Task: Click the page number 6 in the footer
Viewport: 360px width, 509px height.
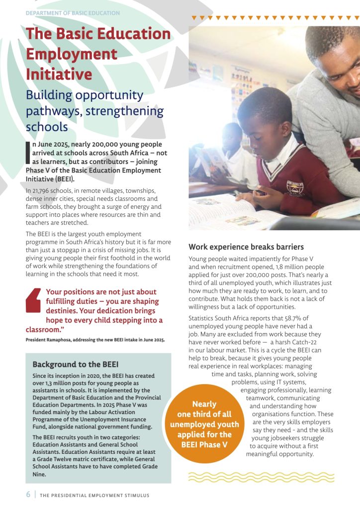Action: tap(28, 495)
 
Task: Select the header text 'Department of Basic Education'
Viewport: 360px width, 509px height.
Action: tap(73, 13)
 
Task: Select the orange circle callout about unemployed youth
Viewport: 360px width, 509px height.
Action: tap(204, 424)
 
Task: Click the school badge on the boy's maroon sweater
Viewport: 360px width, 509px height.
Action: tap(292, 186)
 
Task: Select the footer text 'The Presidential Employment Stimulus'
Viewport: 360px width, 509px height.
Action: tap(94, 495)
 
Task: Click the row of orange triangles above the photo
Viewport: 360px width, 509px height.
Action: tap(275, 18)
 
